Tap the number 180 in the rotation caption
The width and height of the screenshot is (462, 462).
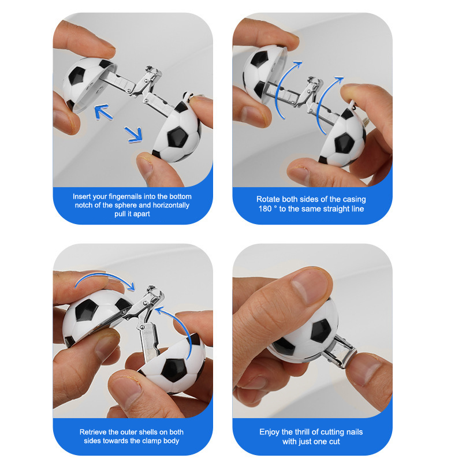coord(265,209)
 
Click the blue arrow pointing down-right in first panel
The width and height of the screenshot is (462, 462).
coord(133,135)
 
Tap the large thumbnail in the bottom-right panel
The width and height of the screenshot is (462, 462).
coord(310,286)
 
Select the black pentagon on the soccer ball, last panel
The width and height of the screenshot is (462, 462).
coord(321,331)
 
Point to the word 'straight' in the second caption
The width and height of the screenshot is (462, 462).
coord(334,209)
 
